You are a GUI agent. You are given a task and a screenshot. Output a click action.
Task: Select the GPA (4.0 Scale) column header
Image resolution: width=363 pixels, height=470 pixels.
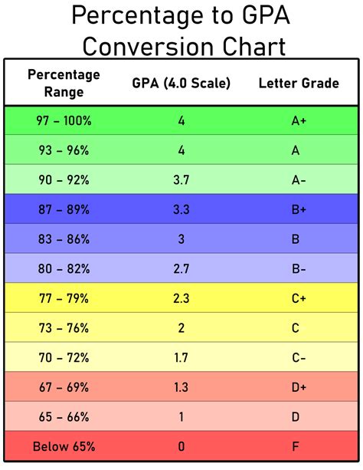pos(181,83)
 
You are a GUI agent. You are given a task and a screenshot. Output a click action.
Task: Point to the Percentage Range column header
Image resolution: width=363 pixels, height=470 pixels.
pos(64,83)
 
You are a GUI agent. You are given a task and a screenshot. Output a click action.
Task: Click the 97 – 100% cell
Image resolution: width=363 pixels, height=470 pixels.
pos(64,122)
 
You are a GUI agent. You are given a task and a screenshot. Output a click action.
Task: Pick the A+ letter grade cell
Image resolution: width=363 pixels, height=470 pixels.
pos(296,122)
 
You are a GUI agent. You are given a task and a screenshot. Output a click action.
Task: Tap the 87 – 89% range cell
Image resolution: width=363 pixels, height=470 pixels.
pos(64,209)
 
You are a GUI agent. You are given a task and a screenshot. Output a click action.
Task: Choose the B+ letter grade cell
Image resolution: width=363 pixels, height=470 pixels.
pos(296,209)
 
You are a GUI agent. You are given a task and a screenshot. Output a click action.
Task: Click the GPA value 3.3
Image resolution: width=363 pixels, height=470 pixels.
pos(181,209)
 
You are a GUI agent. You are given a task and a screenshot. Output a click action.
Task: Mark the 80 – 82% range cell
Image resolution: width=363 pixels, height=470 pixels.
pos(64,268)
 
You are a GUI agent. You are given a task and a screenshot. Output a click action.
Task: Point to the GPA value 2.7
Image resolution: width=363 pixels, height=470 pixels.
pos(181,268)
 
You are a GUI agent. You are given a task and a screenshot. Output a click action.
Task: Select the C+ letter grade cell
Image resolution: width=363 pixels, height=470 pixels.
pos(296,299)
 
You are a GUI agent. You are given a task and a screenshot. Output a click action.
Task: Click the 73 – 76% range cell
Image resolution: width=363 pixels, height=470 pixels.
pos(64,328)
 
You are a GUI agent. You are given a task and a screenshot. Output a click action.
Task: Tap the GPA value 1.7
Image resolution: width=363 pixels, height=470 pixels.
pos(181,357)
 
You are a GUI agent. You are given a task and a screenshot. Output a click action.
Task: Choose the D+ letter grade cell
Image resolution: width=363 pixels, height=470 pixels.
pos(296,387)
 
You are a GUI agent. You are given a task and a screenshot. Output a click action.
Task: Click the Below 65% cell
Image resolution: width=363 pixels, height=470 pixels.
pos(64,445)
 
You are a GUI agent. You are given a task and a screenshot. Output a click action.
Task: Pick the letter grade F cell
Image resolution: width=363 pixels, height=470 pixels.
pos(296,445)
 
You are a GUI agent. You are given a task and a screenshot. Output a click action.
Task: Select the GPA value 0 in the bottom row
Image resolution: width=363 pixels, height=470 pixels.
pos(181,445)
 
